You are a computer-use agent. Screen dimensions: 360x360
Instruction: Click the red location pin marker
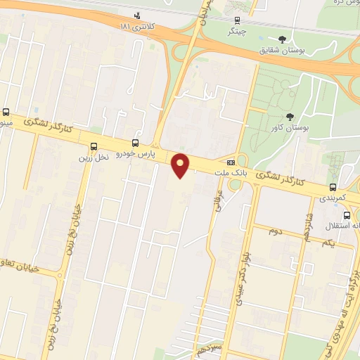pos(181,164)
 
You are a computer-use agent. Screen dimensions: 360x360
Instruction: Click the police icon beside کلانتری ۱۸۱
pos(136,15)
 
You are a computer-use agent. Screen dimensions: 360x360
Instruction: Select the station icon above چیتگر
pos(236,20)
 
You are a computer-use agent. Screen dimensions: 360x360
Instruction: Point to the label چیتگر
pos(236,31)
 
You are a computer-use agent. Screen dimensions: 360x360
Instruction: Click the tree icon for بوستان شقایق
pos(281,39)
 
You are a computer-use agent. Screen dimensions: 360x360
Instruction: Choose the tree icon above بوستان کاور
pos(290,117)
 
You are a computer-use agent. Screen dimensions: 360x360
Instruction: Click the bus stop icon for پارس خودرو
pos(135,143)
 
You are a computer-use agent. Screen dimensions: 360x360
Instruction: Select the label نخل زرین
pos(94,157)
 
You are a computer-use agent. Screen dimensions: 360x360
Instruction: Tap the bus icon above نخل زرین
pos(94,146)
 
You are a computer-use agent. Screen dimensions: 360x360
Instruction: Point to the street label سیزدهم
pos(211,349)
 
